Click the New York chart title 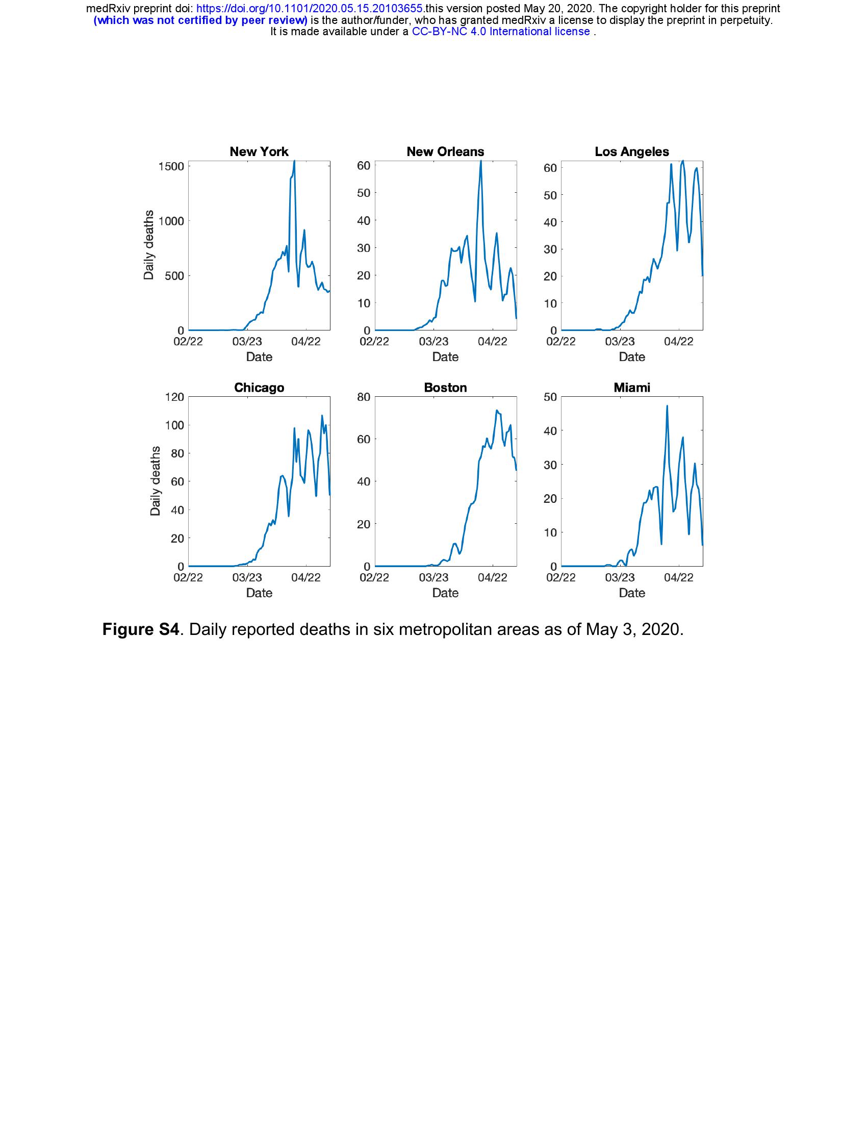pyautogui.click(x=259, y=151)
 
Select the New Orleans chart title pyautogui.click(x=445, y=151)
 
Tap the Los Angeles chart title pyautogui.click(x=631, y=151)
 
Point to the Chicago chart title pyautogui.click(x=259, y=388)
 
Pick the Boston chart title pyautogui.click(x=445, y=388)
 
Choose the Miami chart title pyautogui.click(x=631, y=388)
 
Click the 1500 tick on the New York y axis pyautogui.click(x=171, y=166)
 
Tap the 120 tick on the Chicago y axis pyautogui.click(x=174, y=397)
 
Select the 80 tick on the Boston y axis pyautogui.click(x=364, y=397)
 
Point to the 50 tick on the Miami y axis pyautogui.click(x=550, y=397)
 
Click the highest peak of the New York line pyautogui.click(x=294, y=161)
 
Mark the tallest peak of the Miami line pyautogui.click(x=667, y=406)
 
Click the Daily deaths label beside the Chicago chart pyautogui.click(x=155, y=481)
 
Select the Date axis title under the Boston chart pyautogui.click(x=445, y=592)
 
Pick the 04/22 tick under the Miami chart pyautogui.click(x=678, y=577)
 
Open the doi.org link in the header pyautogui.click(x=310, y=9)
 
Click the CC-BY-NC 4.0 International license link pyautogui.click(x=501, y=31)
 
